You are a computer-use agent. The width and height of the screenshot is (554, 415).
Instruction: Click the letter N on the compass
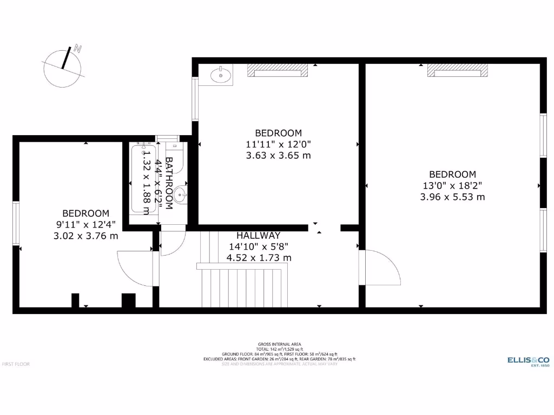pyautogui.click(x=78, y=49)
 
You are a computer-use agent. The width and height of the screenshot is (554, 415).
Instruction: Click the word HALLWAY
pyautogui.click(x=259, y=236)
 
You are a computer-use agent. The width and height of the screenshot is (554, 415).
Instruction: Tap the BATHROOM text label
pyautogui.click(x=169, y=183)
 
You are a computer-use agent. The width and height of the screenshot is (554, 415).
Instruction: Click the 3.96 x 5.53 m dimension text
pyautogui.click(x=452, y=197)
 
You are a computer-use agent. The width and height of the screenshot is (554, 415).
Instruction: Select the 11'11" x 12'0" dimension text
pyautogui.click(x=278, y=144)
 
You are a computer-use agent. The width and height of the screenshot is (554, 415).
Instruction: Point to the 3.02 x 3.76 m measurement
pyautogui.click(x=85, y=236)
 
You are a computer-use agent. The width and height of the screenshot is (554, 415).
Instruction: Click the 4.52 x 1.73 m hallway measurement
pyautogui.click(x=259, y=258)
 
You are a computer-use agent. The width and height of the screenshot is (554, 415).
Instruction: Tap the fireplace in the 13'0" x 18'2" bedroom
pyautogui.click(x=458, y=70)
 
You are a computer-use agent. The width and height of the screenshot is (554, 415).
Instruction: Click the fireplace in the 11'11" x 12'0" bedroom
pyautogui.click(x=278, y=70)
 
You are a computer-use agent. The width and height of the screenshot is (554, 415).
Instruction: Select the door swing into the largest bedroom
pyautogui.click(x=381, y=267)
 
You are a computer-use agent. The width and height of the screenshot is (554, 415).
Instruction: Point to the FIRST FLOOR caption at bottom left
pyautogui.click(x=16, y=364)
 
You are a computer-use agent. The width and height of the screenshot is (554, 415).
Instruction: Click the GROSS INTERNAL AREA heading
pyautogui.click(x=279, y=344)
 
